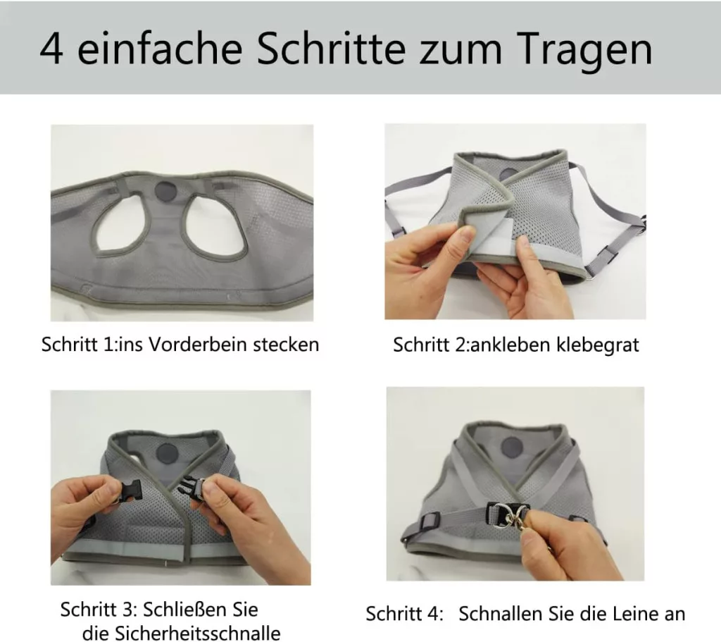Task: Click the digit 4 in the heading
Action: click(51, 49)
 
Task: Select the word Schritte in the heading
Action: click(331, 48)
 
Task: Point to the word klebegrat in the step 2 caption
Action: click(597, 345)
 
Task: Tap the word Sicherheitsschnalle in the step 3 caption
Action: click(181, 633)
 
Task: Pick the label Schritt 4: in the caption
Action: click(404, 614)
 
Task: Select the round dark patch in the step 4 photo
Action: click(511, 447)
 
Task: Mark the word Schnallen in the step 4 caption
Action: click(501, 614)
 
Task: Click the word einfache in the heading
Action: click(159, 48)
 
